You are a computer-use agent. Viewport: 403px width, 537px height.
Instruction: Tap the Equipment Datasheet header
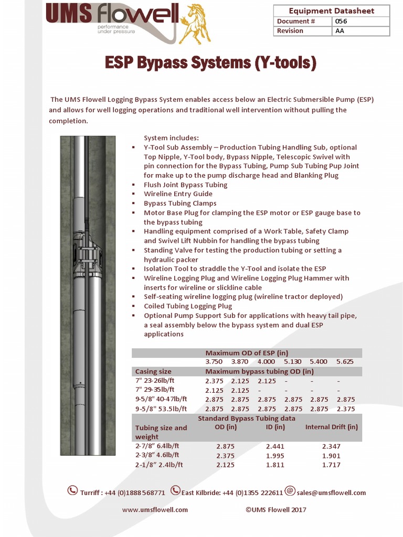click(x=331, y=11)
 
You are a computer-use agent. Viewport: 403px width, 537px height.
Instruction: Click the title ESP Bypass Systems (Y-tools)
click(x=210, y=63)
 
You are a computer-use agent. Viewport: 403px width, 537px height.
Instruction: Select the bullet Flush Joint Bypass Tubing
click(x=185, y=185)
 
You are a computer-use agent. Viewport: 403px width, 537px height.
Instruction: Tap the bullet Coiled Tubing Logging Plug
click(x=188, y=306)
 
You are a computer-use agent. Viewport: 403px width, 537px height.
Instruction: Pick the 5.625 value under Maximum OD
click(x=345, y=362)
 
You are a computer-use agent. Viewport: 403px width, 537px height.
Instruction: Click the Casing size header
click(x=153, y=371)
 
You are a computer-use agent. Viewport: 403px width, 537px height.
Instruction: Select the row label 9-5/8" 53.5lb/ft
click(x=161, y=409)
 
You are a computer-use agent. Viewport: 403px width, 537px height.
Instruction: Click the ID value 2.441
click(x=275, y=446)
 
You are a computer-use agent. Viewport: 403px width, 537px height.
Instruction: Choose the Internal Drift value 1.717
click(x=331, y=465)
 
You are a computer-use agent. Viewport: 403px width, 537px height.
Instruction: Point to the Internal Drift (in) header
click(x=331, y=427)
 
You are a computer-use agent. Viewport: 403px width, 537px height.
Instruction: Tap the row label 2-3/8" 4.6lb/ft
click(x=157, y=455)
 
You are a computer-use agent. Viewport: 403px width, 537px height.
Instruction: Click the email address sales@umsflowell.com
click(x=331, y=493)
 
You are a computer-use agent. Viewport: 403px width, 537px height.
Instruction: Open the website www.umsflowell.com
click(x=155, y=510)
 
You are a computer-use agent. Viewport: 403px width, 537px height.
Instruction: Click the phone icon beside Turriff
click(x=72, y=491)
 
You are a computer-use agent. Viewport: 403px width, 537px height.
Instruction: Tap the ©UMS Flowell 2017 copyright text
click(x=275, y=510)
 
